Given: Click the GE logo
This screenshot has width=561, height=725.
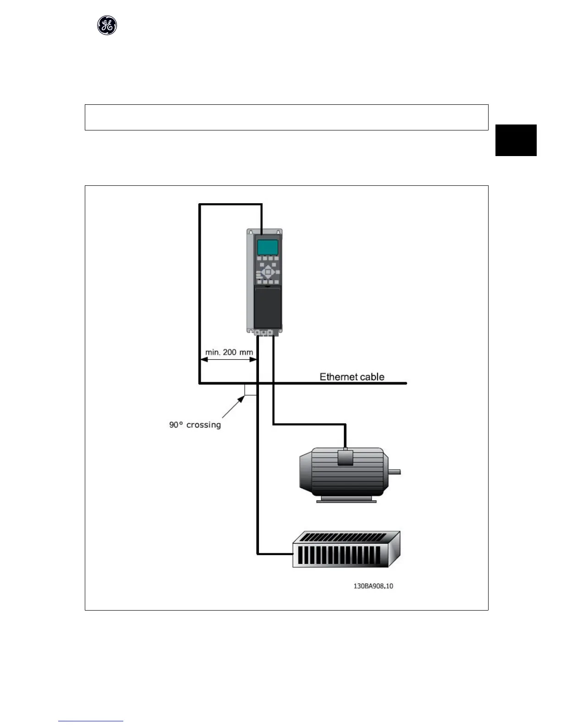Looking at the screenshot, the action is click(107, 26).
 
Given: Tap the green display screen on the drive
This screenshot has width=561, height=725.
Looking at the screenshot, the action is click(268, 247).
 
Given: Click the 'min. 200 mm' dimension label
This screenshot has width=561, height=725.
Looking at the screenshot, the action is click(229, 352).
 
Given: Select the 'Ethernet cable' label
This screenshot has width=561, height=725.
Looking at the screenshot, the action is click(352, 377).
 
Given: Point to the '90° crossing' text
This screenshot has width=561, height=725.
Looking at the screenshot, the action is click(195, 425).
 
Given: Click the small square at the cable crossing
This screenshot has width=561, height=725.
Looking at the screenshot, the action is click(251, 389).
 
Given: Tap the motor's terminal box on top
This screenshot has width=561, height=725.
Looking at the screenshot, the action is click(345, 457).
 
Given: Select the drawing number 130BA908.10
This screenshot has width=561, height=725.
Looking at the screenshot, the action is click(373, 586).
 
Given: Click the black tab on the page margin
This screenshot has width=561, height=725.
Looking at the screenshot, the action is click(516, 140).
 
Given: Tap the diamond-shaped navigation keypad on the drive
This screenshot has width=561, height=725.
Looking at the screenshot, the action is click(268, 273).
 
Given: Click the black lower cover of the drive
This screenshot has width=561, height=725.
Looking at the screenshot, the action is click(268, 308).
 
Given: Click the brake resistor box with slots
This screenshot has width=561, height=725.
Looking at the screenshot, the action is click(346, 550).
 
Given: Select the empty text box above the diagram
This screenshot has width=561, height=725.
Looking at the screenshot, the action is click(286, 117).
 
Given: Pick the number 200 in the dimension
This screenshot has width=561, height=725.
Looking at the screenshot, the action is click(230, 352).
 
